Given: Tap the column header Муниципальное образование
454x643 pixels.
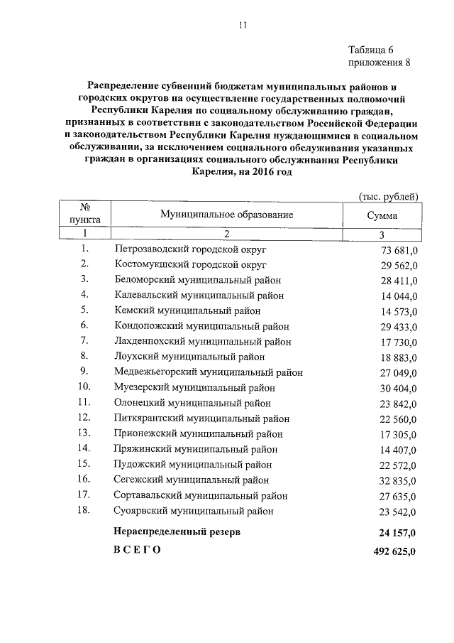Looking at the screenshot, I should point(226,215).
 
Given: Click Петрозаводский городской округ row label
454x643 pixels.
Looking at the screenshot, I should point(192,249).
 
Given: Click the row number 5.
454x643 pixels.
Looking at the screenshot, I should point(84,310).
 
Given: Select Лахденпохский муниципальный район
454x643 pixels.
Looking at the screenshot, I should point(202,340).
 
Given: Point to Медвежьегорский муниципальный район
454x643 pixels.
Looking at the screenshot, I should point(209,372).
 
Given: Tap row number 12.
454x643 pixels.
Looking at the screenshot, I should point(84,417).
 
